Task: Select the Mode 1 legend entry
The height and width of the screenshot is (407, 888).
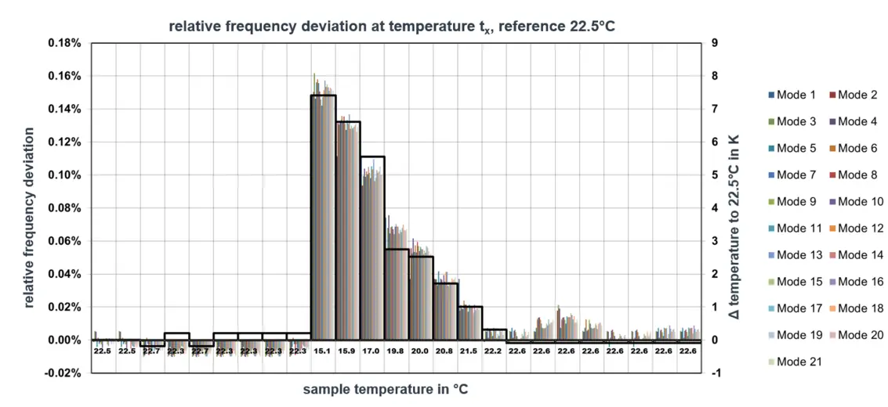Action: (791, 95)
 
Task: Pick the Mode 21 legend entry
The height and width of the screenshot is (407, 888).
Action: (794, 361)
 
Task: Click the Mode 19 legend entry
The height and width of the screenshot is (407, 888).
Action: (794, 334)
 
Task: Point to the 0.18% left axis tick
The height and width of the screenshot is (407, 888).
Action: (63, 42)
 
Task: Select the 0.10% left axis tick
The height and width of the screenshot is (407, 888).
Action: (63, 175)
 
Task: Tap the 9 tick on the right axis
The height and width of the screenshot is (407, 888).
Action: (714, 42)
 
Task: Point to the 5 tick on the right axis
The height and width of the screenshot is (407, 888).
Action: (714, 175)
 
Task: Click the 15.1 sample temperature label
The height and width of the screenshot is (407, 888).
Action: (322, 351)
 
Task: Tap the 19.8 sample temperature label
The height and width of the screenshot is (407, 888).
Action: (396, 351)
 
